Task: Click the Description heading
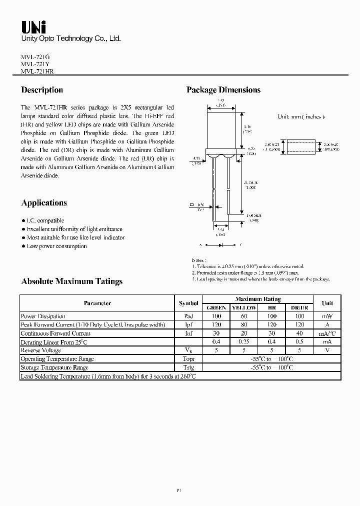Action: pos(42,90)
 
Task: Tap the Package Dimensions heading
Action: pos(223,90)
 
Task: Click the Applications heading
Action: pos(44,203)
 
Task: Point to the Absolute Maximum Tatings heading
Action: pos(71,281)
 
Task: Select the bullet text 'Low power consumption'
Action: pos(56,246)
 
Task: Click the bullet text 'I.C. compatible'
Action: pos(45,220)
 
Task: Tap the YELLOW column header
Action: pos(243,307)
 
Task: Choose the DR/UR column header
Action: pos(300,307)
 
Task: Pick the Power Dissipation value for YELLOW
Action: pos(243,316)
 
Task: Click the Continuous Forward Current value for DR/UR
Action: pos(300,333)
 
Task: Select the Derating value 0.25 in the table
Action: pos(243,342)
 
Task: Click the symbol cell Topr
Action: pos(188,359)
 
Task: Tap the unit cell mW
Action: pos(327,316)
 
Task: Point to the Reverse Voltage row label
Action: pos(40,350)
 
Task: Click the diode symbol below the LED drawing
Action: pos(220,245)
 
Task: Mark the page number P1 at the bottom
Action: pos(178,491)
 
